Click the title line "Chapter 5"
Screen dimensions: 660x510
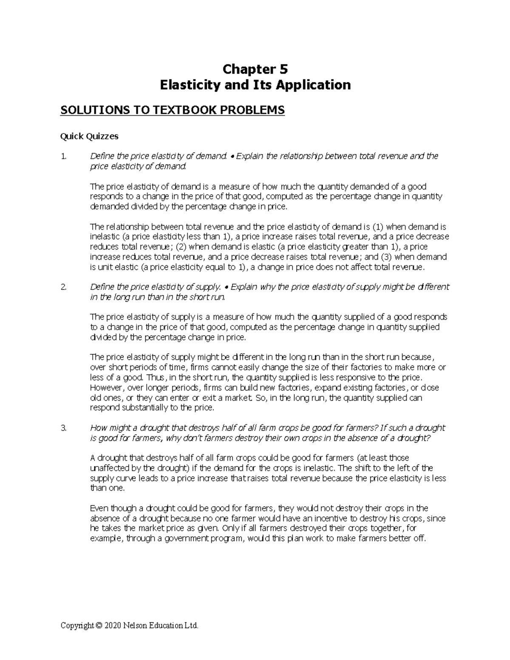(x=255, y=69)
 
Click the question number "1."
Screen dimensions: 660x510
(x=64, y=156)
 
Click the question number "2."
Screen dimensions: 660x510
(x=64, y=287)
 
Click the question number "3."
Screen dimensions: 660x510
(x=64, y=428)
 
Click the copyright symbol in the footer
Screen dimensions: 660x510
(x=99, y=626)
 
